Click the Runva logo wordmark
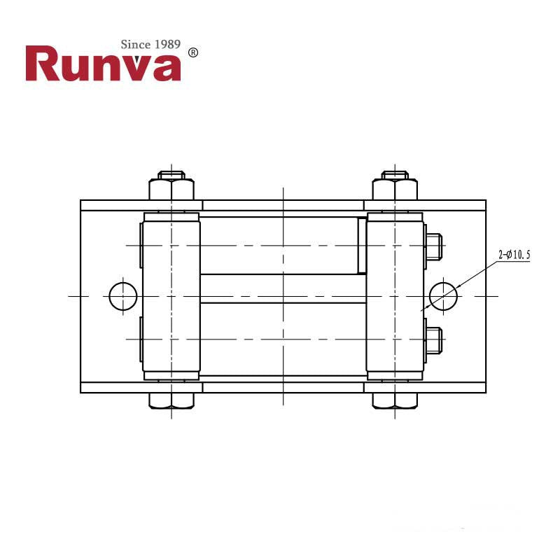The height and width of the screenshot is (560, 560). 103,64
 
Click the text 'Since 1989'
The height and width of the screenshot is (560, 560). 150,45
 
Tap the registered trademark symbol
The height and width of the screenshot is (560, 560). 193,52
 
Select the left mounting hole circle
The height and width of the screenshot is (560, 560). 123,296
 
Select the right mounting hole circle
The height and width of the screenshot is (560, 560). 443,296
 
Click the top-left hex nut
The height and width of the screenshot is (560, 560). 171,190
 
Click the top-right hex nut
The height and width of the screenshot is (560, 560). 395,190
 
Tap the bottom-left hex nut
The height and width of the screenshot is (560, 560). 171,401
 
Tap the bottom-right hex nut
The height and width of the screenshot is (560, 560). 395,401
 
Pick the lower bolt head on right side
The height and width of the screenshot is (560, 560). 433,339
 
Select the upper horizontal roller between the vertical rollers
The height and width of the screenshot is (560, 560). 280,245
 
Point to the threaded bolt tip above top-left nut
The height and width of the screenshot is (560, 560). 171,174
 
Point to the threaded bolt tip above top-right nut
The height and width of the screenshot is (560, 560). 395,174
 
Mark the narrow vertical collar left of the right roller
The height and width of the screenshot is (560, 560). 362,245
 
